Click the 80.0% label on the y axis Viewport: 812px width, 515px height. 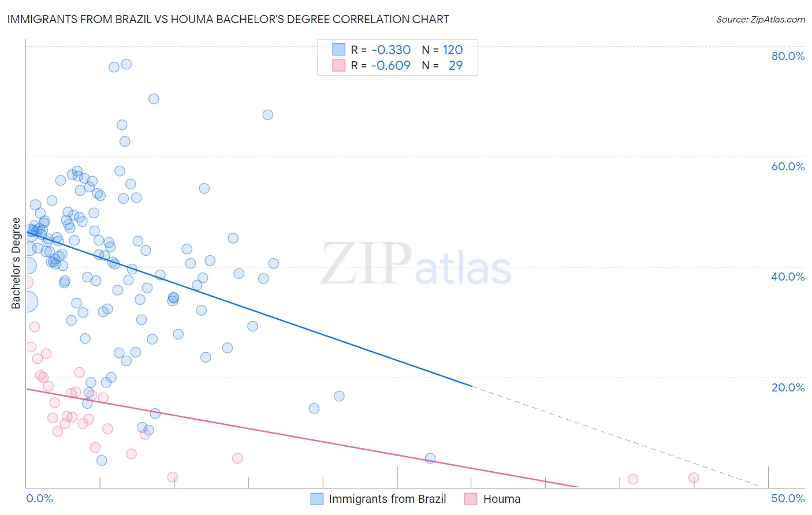point(788,56)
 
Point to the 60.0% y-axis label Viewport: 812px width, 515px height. point(788,166)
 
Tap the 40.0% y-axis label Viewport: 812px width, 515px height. point(788,277)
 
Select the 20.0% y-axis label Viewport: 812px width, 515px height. point(788,387)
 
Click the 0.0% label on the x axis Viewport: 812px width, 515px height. point(39,498)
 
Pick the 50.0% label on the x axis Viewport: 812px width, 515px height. point(788,498)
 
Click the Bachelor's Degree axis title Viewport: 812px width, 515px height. point(16,263)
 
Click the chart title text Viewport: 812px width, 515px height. point(228,19)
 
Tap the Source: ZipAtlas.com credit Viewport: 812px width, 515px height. point(760,20)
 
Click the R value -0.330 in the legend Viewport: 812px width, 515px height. point(391,50)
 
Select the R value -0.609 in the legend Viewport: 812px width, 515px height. point(391,66)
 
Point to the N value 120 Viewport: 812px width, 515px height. point(453,50)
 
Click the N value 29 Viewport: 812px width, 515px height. point(456,66)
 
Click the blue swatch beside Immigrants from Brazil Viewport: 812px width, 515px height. point(317,499)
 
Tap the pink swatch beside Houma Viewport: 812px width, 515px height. point(471,499)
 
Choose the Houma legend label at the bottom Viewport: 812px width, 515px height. point(501,499)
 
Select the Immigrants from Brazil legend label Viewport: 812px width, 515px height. point(388,499)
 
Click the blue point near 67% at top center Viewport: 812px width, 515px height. point(267,115)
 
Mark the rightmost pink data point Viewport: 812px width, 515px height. point(694,477)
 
